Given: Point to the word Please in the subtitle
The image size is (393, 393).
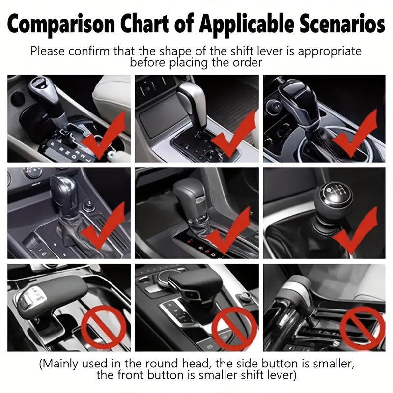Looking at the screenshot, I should [45, 51].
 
